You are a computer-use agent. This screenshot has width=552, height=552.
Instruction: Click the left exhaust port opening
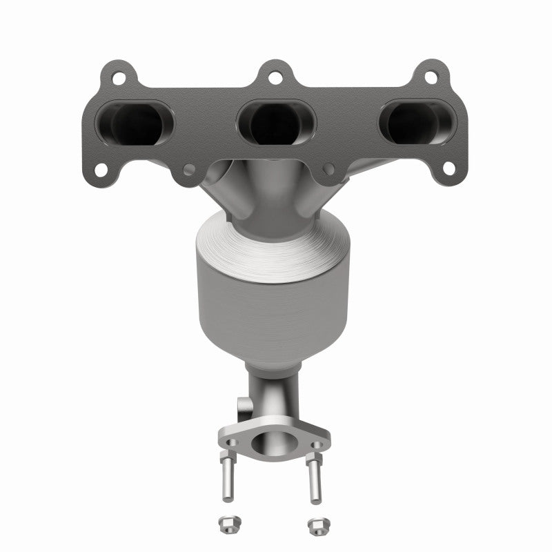click(x=135, y=124)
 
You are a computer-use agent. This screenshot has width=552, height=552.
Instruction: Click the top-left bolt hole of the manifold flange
click(x=118, y=77)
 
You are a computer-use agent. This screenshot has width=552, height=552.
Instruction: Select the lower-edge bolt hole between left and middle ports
click(x=187, y=168)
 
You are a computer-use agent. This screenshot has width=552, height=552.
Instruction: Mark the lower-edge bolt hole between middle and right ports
click(x=329, y=168)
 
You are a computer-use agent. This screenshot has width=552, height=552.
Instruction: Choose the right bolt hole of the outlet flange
click(x=319, y=445)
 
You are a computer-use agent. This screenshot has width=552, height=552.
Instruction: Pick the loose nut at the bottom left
click(x=228, y=524)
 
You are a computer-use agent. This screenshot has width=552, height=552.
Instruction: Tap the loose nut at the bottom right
click(x=315, y=526)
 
